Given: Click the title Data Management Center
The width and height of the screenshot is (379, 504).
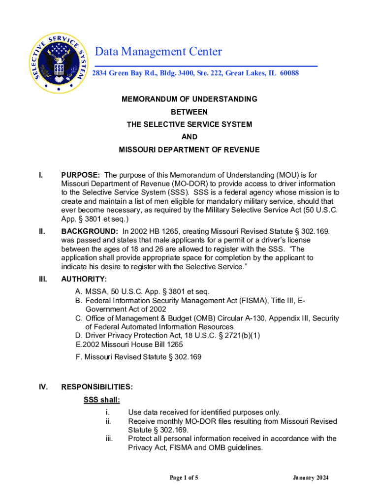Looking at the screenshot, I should click(158, 52).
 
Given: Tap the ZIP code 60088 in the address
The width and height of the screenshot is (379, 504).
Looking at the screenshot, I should click(289, 73).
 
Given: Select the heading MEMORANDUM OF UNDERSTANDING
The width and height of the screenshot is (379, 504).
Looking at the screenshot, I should click(189, 99).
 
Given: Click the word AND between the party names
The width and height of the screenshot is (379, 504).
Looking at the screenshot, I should click(189, 137).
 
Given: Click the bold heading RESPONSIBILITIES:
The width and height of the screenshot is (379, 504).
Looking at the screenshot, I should click(96, 387).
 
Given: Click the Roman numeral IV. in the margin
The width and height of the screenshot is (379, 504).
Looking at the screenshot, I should click(43, 387).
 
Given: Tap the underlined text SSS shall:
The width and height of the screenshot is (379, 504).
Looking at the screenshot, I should click(102, 400).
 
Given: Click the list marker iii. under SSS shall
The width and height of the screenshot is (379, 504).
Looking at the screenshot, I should click(109, 439).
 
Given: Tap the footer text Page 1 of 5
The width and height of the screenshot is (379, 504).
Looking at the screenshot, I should click(184, 478).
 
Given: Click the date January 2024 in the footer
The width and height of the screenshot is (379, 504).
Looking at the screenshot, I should click(311, 478).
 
